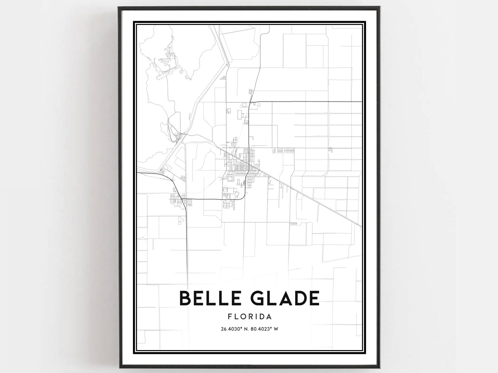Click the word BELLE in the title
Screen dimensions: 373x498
click(207, 298)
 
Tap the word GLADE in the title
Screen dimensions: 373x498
click(283, 298)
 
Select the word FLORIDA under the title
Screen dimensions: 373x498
click(250, 317)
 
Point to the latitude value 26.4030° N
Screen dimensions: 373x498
click(233, 329)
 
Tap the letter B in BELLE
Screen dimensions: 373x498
click(185, 298)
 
